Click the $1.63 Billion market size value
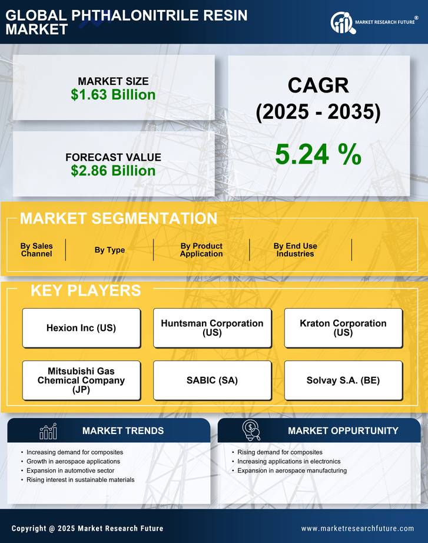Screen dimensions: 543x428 coord(113,95)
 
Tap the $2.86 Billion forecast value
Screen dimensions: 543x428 coord(113,171)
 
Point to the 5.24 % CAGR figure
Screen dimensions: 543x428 coord(318,154)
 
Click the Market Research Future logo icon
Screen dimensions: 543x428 coord(342,23)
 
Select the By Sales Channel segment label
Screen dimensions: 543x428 coord(37,250)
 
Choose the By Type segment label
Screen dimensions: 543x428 coord(110,250)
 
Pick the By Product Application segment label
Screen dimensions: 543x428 coord(201,250)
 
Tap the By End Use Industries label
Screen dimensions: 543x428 coord(295,250)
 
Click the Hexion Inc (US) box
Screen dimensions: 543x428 coord(81,328)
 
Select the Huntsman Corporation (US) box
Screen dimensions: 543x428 coord(212,328)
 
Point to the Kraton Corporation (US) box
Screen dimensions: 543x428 coord(343,328)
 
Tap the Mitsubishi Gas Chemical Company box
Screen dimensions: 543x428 coord(81,380)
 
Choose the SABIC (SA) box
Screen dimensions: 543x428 coord(212,380)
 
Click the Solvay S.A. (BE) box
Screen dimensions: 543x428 coord(343,380)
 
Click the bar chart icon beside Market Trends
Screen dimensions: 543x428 coord(48,431)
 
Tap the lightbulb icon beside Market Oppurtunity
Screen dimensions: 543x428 coord(251,431)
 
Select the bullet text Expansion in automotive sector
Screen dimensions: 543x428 coord(71,471)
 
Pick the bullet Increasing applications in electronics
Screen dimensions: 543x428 coord(289,461)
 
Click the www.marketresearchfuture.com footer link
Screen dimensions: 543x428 coord(357,528)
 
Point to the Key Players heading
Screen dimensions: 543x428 coord(85,290)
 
